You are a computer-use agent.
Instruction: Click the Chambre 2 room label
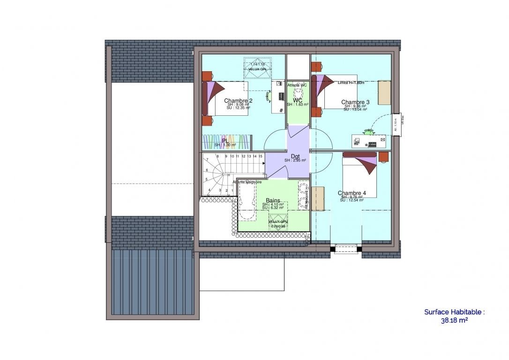238,101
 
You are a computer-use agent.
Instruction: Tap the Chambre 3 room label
355,102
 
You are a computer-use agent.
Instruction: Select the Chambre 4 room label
352,193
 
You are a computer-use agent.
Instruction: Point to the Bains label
273,200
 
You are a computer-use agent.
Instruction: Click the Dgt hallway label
295,156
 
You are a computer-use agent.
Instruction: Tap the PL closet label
225,140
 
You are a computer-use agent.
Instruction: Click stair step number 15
260,156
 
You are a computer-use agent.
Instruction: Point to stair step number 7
207,160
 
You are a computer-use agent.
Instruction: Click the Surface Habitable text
454,312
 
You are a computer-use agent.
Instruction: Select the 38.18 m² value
454,321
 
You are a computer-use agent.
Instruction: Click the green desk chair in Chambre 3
371,132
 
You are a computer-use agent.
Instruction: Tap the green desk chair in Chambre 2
269,96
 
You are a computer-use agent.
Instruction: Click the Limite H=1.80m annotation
351,82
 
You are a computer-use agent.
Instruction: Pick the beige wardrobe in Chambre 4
318,198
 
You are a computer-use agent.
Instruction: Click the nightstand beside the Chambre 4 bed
383,157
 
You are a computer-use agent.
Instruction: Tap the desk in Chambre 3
369,140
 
